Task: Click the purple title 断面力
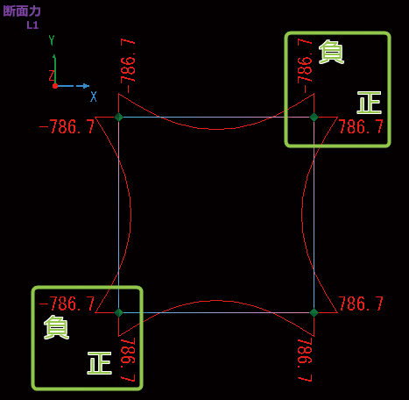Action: coord(22,11)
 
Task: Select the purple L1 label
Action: coord(32,25)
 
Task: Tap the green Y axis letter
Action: coord(52,40)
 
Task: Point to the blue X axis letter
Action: coord(94,96)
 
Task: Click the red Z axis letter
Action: coord(52,75)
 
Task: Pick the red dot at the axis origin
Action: coord(55,86)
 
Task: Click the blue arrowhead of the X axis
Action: coord(86,86)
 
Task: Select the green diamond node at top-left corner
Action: coord(118,117)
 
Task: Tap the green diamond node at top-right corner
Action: coord(314,117)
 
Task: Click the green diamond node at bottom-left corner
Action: coord(118,312)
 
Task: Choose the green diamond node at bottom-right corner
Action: coord(314,312)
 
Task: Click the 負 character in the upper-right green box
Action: coord(331,52)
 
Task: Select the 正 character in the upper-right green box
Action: coord(370,103)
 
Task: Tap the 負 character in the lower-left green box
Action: coord(56,327)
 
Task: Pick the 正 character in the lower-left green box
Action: coord(100,363)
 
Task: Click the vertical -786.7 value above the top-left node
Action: coord(128,66)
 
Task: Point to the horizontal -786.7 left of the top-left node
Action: coord(67,127)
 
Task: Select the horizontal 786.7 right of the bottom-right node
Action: coord(361,304)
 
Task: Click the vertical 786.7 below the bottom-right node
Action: coord(306,360)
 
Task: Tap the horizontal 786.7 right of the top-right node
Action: coord(361,127)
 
